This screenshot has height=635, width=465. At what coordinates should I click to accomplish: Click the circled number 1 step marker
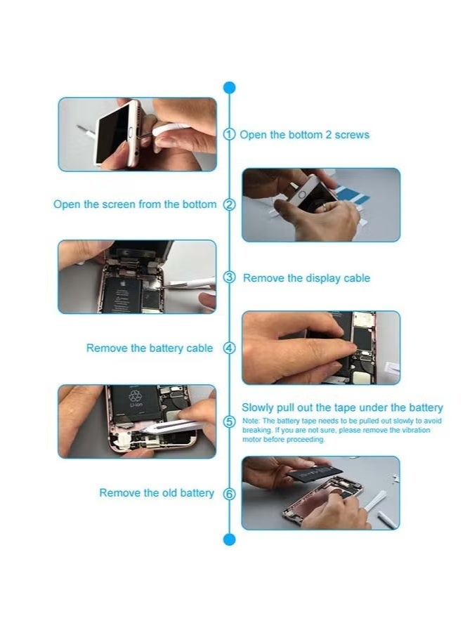pyautogui.click(x=229, y=134)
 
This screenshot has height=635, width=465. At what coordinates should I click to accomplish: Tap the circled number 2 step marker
pyautogui.click(x=229, y=204)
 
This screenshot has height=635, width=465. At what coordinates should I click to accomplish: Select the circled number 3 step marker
pyautogui.click(x=229, y=277)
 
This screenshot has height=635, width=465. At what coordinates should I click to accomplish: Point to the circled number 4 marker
pyautogui.click(x=229, y=348)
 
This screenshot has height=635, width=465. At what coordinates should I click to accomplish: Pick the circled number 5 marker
pyautogui.click(x=229, y=421)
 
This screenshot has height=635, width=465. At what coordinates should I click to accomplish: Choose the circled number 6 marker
pyautogui.click(x=229, y=494)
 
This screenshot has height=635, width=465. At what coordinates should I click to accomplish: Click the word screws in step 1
pyautogui.click(x=352, y=136)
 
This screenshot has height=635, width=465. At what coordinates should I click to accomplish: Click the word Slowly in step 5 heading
pyautogui.click(x=258, y=408)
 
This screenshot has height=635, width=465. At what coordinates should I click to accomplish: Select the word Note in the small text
pyautogui.click(x=251, y=421)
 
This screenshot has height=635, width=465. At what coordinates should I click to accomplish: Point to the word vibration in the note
pyautogui.click(x=416, y=430)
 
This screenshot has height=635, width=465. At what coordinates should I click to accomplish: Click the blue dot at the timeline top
pyautogui.click(x=229, y=88)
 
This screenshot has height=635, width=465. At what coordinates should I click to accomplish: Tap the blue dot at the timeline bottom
pyautogui.click(x=229, y=539)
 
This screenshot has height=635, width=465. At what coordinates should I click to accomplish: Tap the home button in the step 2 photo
pyautogui.click(x=301, y=194)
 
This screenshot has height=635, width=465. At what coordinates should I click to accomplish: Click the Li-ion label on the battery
pyautogui.click(x=136, y=405)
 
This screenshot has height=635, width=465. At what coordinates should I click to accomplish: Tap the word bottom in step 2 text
pyautogui.click(x=199, y=204)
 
